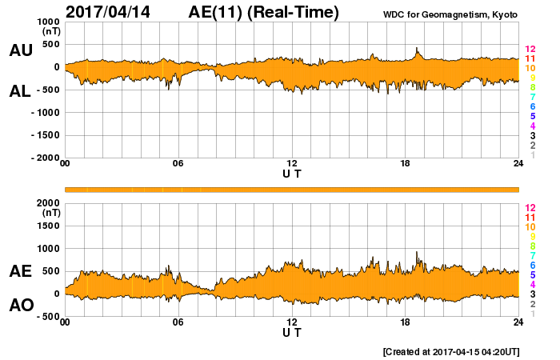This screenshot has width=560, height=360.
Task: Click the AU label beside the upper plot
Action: point(20,50)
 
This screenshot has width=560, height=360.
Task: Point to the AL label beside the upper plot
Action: point(20,91)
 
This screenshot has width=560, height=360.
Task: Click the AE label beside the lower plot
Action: point(20,271)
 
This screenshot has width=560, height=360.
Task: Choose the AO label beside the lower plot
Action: point(20,306)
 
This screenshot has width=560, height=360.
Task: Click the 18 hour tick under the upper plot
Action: point(405,164)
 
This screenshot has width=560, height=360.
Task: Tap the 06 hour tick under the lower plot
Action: point(178,322)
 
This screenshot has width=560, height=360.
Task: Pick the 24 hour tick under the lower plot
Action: point(518,322)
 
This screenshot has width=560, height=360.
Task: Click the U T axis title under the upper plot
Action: point(292,173)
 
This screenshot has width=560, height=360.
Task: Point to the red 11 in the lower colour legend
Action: point(529,217)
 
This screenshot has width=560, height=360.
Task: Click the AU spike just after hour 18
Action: point(417,50)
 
